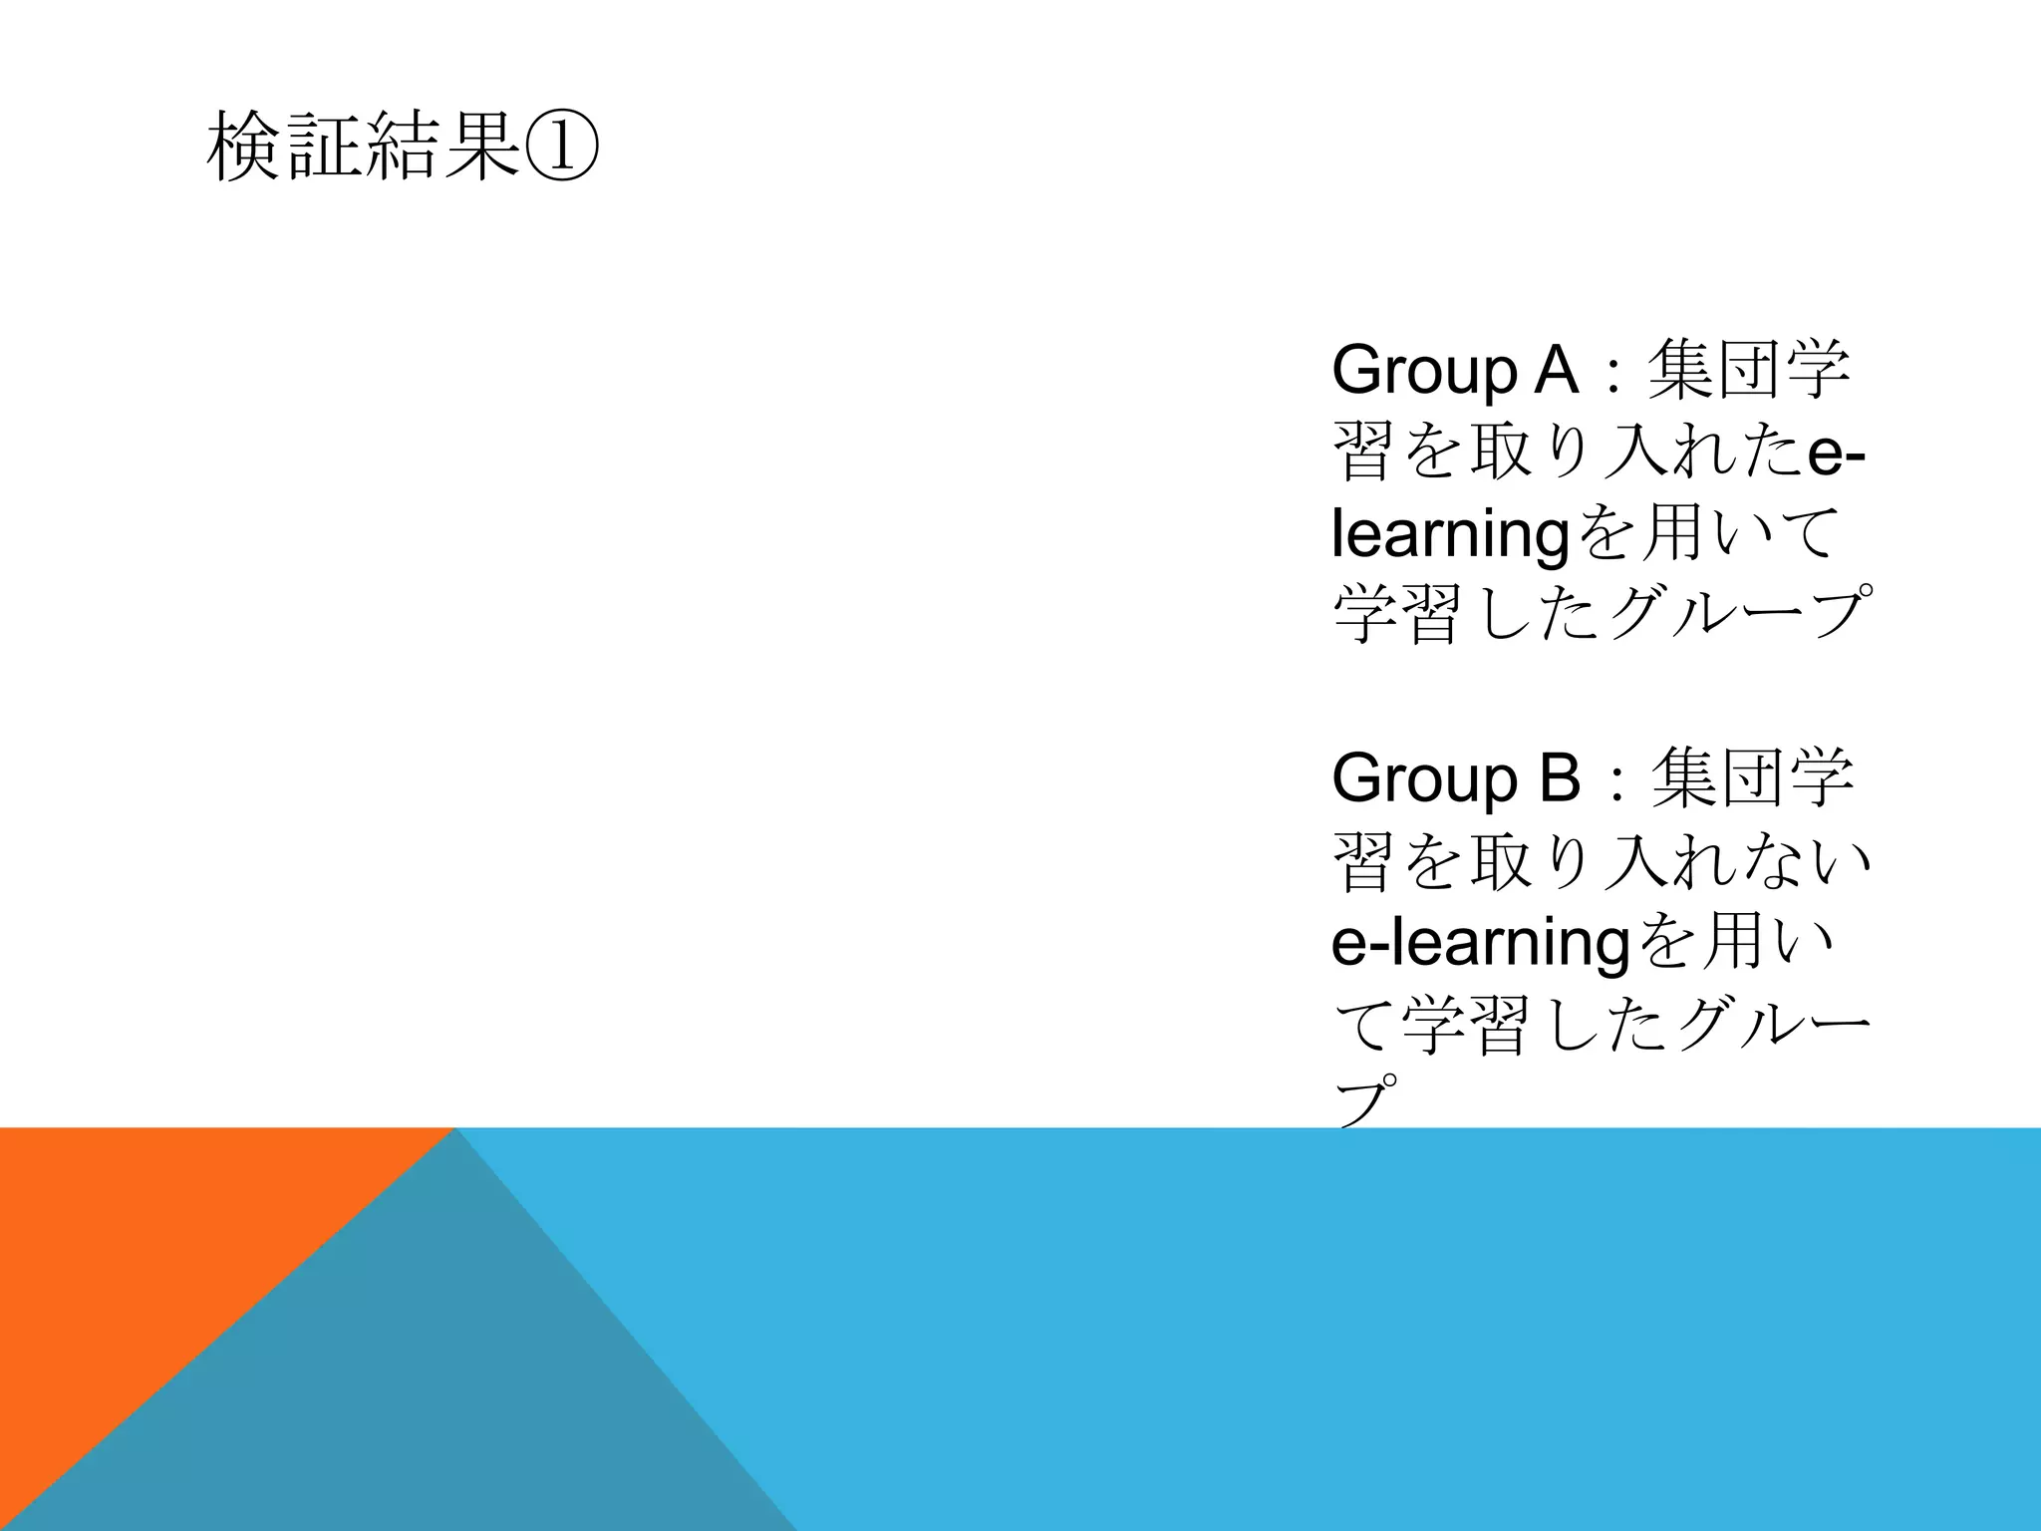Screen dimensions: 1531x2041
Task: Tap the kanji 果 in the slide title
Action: [482, 147]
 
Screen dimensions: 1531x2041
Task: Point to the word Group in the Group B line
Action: [1424, 779]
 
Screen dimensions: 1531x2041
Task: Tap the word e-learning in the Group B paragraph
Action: [1480, 943]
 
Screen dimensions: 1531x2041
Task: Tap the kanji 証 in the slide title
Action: [323, 147]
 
